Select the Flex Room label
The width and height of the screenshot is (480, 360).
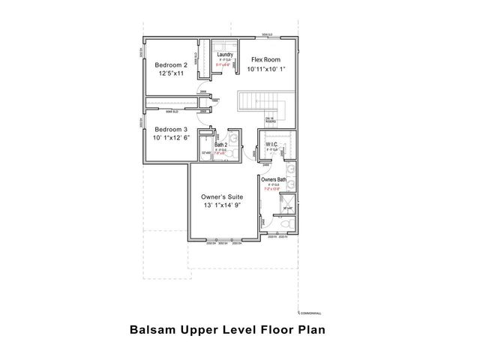pos(265,58)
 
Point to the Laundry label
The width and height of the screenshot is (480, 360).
pos(224,55)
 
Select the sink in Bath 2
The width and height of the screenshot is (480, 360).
pos(234,137)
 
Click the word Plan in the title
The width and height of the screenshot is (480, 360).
pos(310,328)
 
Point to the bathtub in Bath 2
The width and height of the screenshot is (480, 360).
pos(206,153)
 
